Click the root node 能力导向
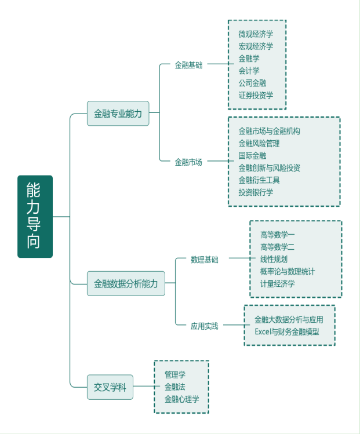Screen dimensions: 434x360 tap(35, 216)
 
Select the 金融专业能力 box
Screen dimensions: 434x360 tap(118, 114)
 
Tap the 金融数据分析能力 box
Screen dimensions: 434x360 tap(126, 283)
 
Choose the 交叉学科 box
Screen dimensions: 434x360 tap(110, 387)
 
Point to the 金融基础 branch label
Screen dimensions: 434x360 tap(188, 65)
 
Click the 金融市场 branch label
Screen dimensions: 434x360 tap(188, 162)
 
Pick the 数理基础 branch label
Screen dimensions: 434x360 tap(205, 259)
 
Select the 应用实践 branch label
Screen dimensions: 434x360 tap(205, 326)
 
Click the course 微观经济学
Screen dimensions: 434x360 tap(256, 34)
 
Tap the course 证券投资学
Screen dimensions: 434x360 tap(256, 95)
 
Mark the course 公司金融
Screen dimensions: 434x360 tap(252, 83)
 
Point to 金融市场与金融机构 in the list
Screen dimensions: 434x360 tap(270, 131)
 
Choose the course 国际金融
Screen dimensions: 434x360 tap(252, 155)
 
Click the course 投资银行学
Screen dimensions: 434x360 tap(256, 192)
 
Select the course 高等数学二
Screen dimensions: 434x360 tap(278, 247)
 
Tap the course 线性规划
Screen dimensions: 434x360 tap(274, 259)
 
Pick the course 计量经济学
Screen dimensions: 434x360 tap(278, 283)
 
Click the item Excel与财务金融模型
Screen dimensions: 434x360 tap(287, 331)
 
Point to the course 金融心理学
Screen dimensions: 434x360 tap(181, 399)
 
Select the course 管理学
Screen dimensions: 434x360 tap(174, 374)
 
